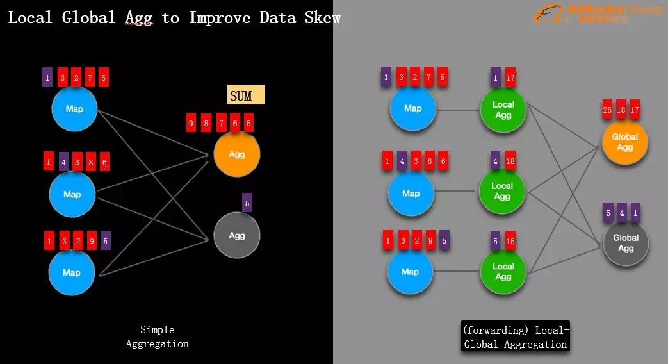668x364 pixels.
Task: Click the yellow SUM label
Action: point(246,95)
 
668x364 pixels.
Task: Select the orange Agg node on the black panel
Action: point(236,154)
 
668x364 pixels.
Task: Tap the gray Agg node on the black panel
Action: point(236,235)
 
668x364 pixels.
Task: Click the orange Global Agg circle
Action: point(624,142)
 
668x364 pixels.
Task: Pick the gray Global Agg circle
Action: point(626,243)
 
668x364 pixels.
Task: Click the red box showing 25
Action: point(608,110)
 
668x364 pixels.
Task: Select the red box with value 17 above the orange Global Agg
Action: point(635,110)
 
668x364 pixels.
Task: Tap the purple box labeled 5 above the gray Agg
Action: point(247,203)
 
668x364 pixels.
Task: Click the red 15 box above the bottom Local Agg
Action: point(510,240)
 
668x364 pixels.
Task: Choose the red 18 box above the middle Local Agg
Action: point(510,161)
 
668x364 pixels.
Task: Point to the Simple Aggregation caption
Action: point(157,336)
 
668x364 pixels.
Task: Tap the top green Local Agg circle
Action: point(503,109)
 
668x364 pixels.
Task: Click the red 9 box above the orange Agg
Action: point(191,122)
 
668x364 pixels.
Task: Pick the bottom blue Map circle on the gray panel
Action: point(410,272)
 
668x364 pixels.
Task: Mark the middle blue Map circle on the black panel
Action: point(72,194)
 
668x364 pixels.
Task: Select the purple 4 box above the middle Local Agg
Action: point(496,161)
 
